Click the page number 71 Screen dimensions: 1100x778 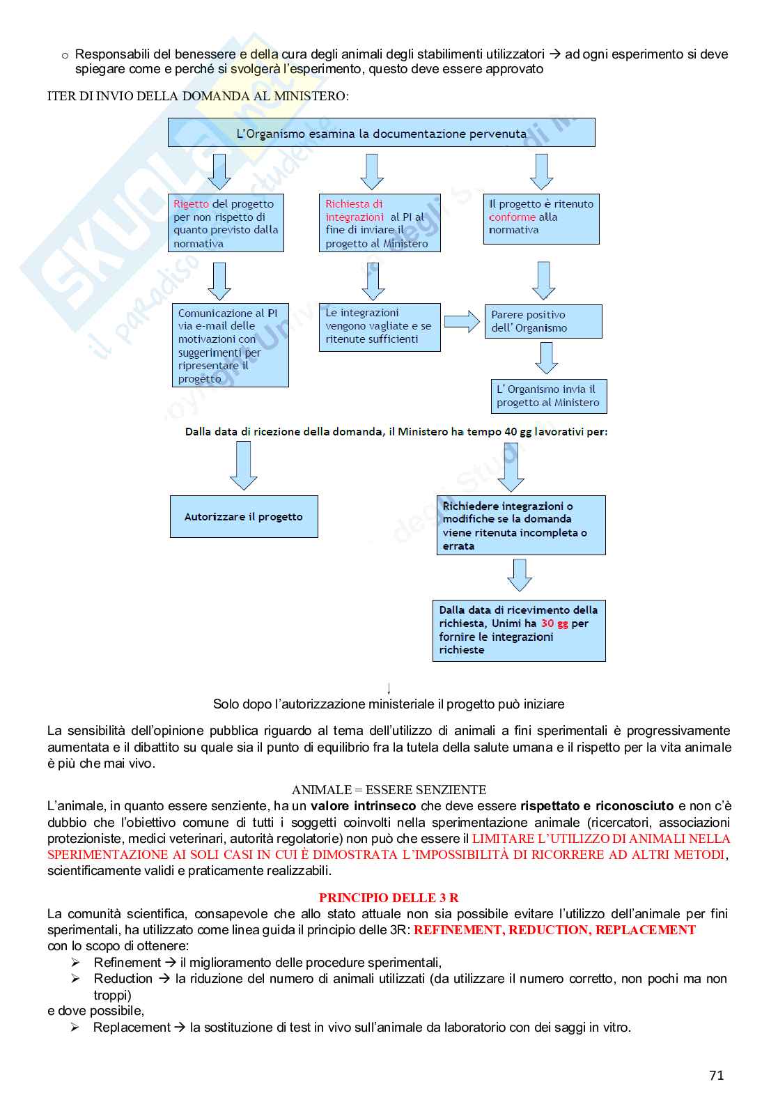716,1075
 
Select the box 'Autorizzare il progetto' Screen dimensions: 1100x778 244,517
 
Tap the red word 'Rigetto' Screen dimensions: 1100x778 191,204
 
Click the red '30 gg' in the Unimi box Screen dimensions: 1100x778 554,623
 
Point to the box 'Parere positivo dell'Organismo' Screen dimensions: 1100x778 543,321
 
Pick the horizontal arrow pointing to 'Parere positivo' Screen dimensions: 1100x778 462,321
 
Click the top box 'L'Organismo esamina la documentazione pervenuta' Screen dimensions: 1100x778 381,133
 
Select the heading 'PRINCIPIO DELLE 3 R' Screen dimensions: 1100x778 389,897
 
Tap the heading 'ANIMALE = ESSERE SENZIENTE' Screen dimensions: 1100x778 389,789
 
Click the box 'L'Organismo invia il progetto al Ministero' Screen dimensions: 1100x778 547,396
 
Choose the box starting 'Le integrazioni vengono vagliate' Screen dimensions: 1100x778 379,327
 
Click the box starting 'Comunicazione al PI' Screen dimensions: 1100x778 230,346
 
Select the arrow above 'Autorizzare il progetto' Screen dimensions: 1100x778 244,465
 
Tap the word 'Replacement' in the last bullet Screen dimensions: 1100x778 132,1028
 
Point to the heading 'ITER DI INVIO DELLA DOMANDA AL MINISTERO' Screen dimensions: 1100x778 198,96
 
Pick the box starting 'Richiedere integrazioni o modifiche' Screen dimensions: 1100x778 520,525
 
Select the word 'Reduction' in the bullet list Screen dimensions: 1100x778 123,979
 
